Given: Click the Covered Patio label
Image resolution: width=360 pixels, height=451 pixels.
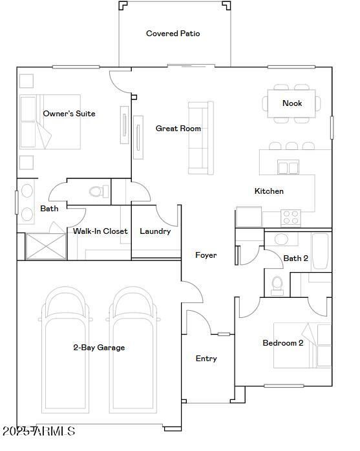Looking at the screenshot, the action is [x=173, y=34].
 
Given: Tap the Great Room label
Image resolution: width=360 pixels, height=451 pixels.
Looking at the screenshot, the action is [x=178, y=129].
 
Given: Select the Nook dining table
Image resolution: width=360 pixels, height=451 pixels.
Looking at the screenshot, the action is [x=291, y=103].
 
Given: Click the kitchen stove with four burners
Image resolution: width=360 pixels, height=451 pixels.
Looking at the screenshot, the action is [x=291, y=218].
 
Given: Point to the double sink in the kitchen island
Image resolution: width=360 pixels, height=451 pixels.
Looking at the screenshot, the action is [x=288, y=167].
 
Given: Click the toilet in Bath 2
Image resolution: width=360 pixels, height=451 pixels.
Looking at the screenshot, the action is [x=277, y=286].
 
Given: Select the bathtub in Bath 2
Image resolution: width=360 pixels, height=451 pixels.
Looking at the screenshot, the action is [x=321, y=251].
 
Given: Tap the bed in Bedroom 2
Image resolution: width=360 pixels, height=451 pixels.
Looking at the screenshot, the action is [x=302, y=345].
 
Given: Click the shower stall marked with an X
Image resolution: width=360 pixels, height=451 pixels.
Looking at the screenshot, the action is [x=46, y=246].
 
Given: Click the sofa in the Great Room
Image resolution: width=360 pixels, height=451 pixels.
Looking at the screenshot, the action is [x=201, y=138].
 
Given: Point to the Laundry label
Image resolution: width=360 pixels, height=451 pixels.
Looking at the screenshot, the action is [x=155, y=231].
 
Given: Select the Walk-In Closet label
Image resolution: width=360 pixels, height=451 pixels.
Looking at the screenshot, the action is [x=100, y=231].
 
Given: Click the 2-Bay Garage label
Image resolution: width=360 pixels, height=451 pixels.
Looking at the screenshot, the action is [x=99, y=348].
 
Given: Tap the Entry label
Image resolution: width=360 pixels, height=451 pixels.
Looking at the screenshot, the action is [x=206, y=359].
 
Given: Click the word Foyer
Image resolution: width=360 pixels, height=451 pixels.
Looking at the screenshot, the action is [x=206, y=255].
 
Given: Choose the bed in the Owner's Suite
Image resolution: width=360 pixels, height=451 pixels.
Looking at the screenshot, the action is [x=50, y=121].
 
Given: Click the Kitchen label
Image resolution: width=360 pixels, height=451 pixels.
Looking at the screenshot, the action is [x=269, y=191].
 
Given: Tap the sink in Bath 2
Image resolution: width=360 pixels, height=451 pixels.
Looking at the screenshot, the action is [x=281, y=239].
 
